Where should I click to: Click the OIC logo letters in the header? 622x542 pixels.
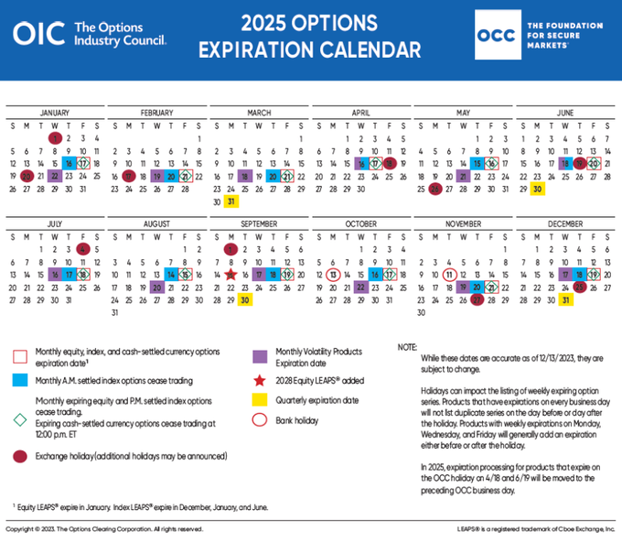39,34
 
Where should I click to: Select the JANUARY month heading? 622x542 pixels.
55,113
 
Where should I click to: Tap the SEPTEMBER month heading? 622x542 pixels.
260,223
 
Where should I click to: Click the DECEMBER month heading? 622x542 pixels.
566,223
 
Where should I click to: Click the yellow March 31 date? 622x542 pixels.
231,201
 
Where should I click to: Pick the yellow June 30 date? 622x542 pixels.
538,189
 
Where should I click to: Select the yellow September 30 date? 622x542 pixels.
245,299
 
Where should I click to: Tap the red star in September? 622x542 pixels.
231,274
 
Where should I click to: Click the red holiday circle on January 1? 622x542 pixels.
55,137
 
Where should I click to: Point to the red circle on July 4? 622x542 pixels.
83,248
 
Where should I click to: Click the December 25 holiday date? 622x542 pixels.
580,287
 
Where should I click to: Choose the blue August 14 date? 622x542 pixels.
171,274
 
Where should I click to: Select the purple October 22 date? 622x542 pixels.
361,287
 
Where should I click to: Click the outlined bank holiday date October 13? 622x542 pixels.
334,274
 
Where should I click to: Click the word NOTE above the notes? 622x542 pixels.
407,347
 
